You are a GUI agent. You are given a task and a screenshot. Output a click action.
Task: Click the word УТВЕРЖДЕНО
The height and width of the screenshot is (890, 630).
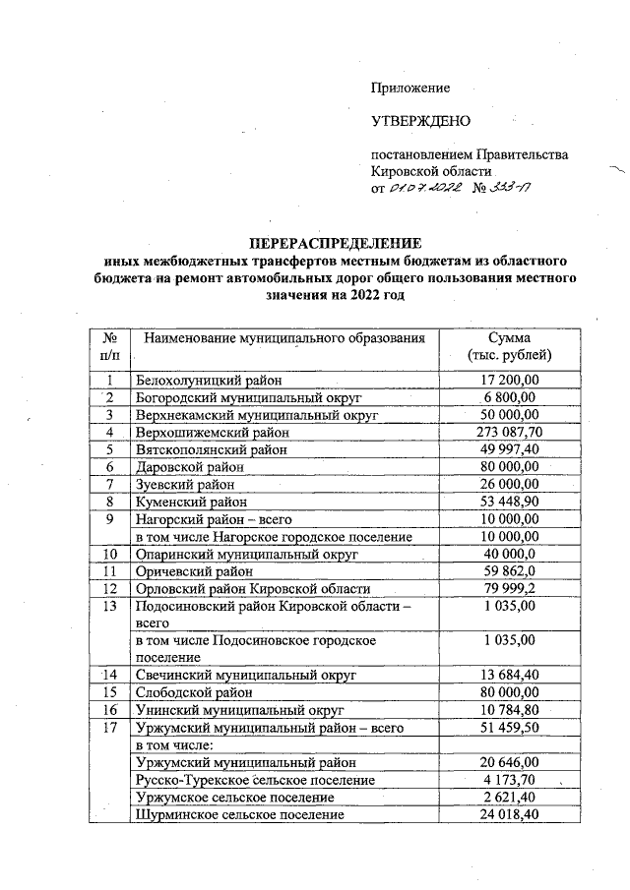pos(420,121)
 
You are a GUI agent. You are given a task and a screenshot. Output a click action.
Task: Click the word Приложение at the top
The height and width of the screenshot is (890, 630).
pos(409,88)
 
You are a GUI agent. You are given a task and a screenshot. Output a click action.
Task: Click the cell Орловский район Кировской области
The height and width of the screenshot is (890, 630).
pos(251,588)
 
